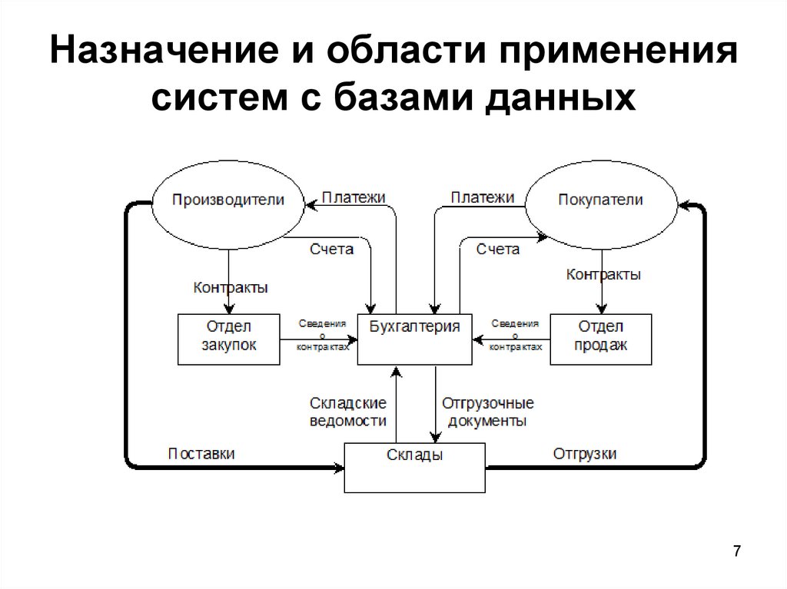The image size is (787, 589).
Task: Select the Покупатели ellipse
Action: (601, 200)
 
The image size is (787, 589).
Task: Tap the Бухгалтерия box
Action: (415, 338)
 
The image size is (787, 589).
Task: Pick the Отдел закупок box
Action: (228, 338)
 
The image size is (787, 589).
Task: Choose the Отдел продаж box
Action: (601, 338)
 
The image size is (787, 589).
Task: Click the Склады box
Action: (414, 467)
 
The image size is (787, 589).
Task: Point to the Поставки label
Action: (201, 453)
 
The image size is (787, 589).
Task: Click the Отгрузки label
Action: (585, 453)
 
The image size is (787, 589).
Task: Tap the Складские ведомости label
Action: (347, 412)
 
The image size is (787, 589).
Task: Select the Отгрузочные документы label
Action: (487, 412)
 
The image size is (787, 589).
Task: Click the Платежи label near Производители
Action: (354, 197)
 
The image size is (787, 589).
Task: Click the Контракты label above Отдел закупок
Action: (231, 288)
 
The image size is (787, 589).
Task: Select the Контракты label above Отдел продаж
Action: (603, 274)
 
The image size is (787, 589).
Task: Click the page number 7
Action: (737, 551)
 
